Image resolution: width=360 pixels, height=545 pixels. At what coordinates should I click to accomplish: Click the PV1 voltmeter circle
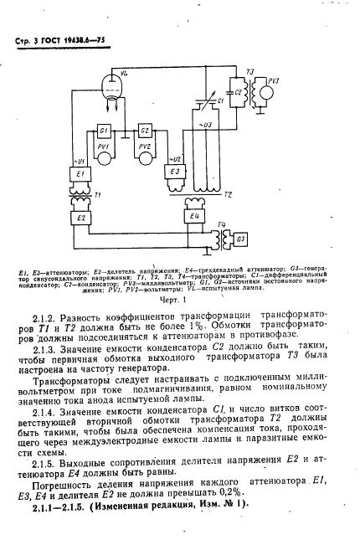click(x=105, y=155)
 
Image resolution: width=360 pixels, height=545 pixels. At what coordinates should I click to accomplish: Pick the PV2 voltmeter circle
click(x=146, y=155)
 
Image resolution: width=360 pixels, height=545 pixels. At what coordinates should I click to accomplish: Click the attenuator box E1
click(x=82, y=174)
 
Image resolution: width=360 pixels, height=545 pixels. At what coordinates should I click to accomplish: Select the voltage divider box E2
click(x=82, y=218)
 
